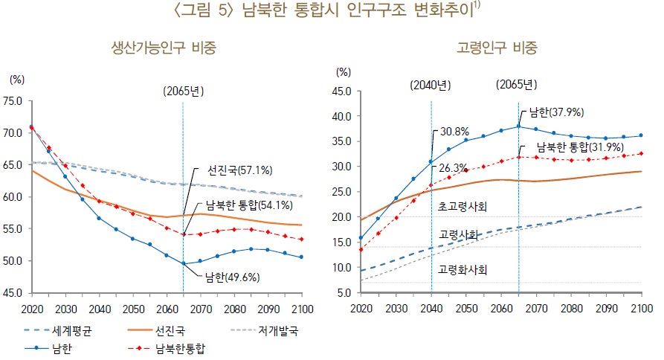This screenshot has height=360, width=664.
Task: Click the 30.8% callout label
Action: point(455,131)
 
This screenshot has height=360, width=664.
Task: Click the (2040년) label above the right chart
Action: point(431,85)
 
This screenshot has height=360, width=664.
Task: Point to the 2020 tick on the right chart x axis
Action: point(361,309)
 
